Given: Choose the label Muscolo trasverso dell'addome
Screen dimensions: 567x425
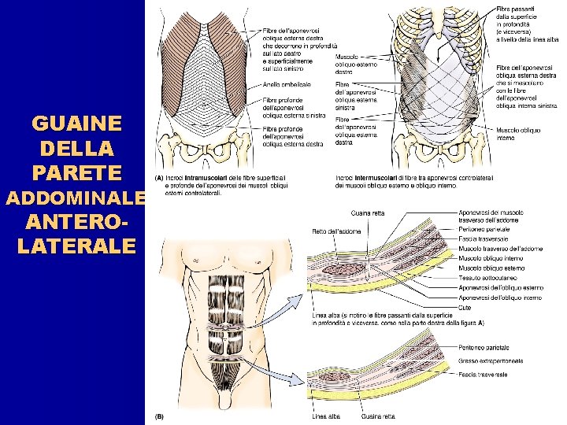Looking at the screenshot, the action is pyautogui.click(x=499, y=249).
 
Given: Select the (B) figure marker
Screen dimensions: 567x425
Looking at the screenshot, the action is pyautogui.click(x=159, y=416).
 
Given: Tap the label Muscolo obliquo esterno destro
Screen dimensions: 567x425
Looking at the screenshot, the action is pyautogui.click(x=357, y=62).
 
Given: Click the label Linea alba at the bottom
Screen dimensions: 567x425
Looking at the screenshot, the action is pyautogui.click(x=326, y=416).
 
